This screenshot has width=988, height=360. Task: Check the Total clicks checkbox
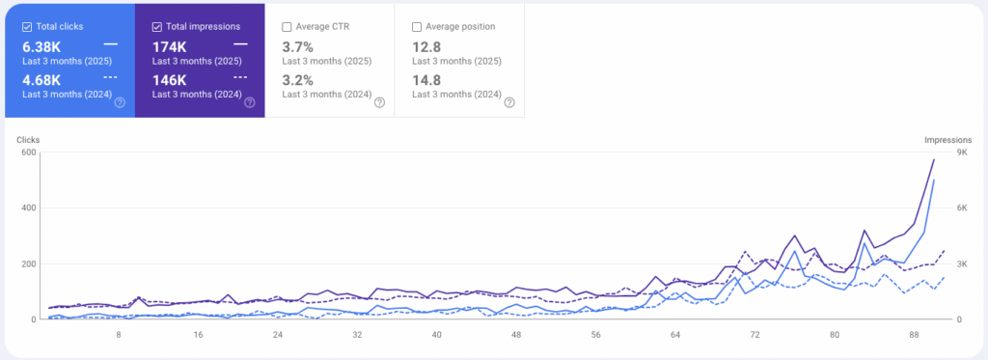[x=27, y=26]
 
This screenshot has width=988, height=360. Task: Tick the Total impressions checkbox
[x=157, y=26]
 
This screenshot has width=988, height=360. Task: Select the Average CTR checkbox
[x=288, y=26]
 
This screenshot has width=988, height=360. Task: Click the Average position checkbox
[x=417, y=26]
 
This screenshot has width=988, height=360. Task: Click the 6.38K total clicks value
[x=41, y=45]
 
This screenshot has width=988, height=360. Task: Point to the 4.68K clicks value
[x=41, y=79]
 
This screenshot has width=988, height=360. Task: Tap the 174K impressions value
[x=170, y=45]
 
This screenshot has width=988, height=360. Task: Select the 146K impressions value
[x=170, y=79]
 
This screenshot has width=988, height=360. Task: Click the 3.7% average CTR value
[x=297, y=46]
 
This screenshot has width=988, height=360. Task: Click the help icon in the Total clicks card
[x=120, y=102]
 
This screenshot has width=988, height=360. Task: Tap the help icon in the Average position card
[x=508, y=102]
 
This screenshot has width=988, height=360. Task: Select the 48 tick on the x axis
[x=517, y=335]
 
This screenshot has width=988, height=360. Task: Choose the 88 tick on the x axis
[x=914, y=335]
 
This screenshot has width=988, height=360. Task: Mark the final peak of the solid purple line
[x=934, y=160]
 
